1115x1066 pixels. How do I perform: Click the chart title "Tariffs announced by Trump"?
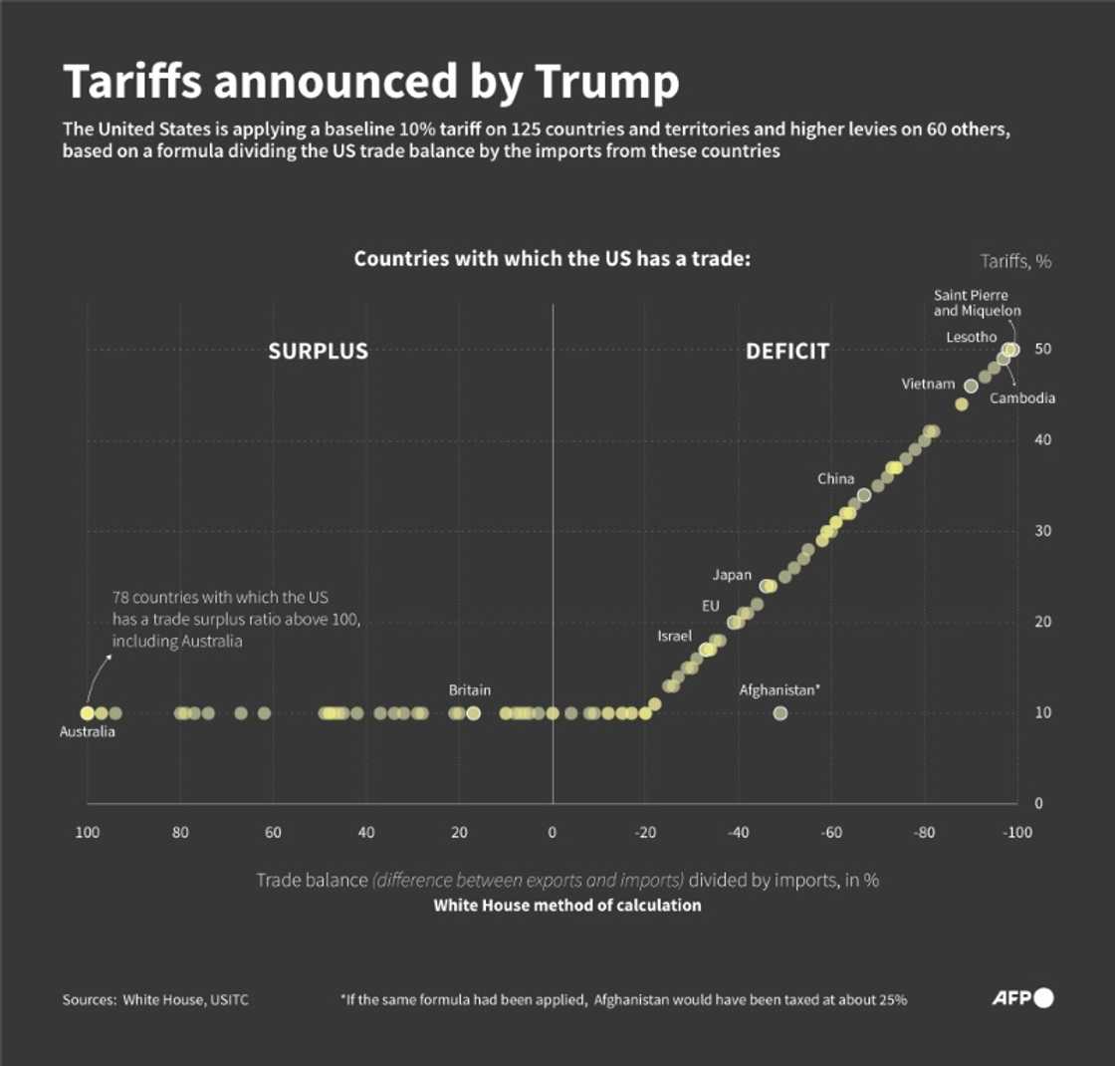coord(370,83)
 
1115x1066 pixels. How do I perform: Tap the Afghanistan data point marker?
coord(780,713)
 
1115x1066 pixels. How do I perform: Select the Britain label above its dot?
coord(470,689)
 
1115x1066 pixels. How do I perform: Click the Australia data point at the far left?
coord(88,713)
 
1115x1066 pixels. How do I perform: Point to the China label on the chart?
coord(836,479)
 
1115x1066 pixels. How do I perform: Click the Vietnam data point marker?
coord(971,386)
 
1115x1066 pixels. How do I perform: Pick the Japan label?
coord(732,575)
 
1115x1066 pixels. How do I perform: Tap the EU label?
coord(710,606)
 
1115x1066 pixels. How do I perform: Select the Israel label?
coord(673,636)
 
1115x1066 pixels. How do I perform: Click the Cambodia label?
coord(1022,399)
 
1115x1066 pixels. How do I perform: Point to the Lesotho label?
coord(972,338)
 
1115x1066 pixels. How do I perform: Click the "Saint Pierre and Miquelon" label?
coord(971,303)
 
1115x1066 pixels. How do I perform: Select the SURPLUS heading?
coord(319,352)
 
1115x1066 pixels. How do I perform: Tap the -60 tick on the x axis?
coord(831,833)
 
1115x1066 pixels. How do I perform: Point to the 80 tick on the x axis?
coord(180,833)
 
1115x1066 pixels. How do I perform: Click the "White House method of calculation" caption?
coord(566,906)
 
